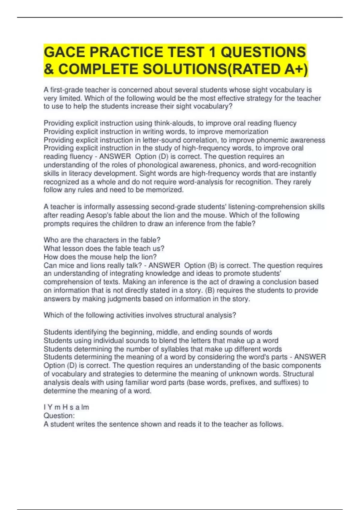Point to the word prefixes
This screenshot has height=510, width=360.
244,382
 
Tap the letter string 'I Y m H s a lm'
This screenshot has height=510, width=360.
66,407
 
